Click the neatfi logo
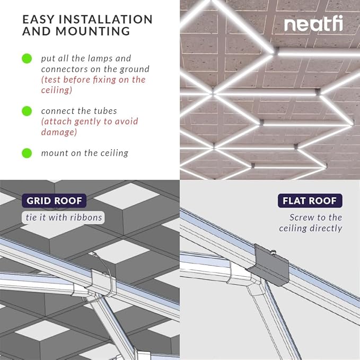(x=313, y=24)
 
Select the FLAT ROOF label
(x=310, y=201)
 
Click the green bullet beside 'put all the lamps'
(x=27, y=58)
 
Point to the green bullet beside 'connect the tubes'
(x=27, y=111)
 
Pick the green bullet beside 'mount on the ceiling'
(x=27, y=153)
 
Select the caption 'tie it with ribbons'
(x=64, y=217)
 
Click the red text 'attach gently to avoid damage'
(x=89, y=127)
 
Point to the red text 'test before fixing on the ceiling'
(x=93, y=85)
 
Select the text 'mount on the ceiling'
(x=85, y=153)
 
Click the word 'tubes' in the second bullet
(x=105, y=111)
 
